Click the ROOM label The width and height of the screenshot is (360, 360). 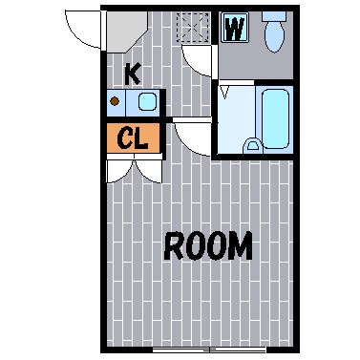coord(208,245)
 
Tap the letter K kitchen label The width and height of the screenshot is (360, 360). coord(133,74)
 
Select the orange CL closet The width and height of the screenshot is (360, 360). coord(133,138)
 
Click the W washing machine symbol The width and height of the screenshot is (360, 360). coord(235,28)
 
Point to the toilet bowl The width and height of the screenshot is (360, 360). coord(274,37)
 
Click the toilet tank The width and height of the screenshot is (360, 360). coord(274,16)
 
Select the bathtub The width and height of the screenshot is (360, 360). coord(276,119)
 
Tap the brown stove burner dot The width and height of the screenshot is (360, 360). coord(115,101)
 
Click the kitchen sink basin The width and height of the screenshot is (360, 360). coord(147,101)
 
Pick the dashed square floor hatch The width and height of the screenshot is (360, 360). coord(193,28)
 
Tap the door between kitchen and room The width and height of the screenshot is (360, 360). coord(192,138)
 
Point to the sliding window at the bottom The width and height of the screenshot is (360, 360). coord(209,349)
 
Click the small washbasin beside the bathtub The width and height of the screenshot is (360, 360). coord(253,145)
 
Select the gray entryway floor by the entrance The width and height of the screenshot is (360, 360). coord(127,32)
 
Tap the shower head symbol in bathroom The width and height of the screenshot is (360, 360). coord(225,92)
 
